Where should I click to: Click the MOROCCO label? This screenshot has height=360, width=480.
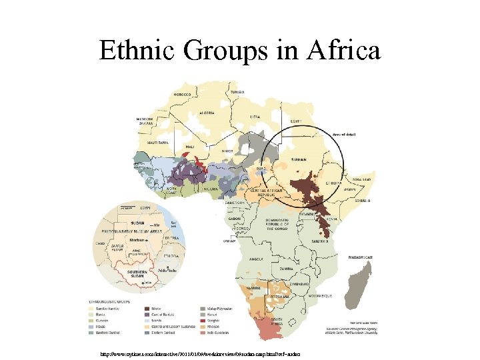click(183, 95)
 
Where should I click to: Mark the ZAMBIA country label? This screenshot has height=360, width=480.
click(287, 268)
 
